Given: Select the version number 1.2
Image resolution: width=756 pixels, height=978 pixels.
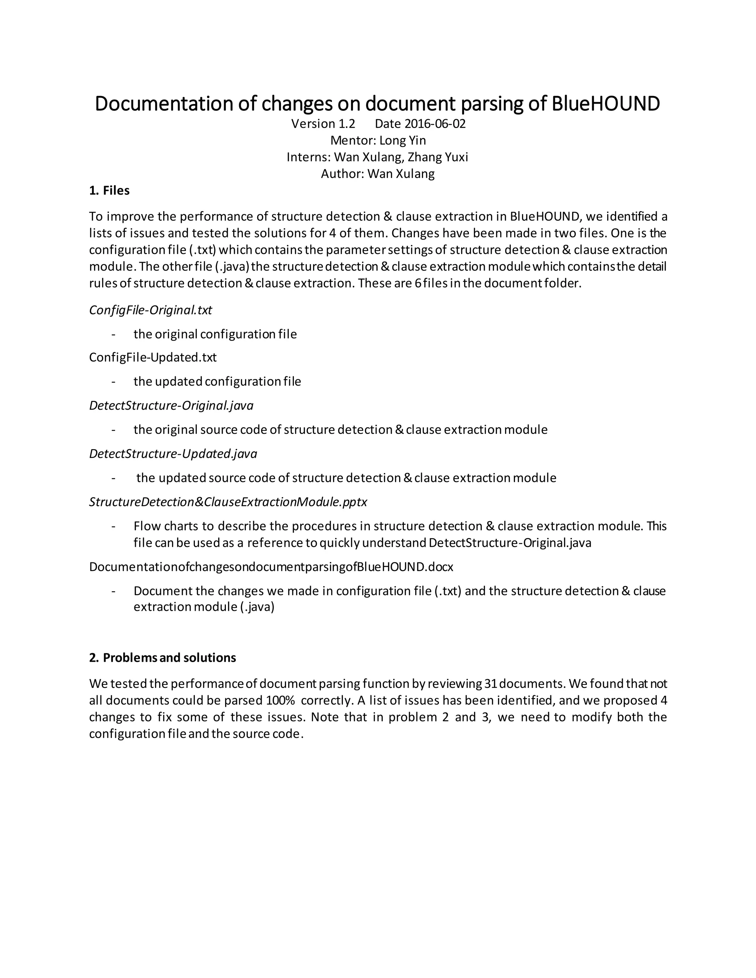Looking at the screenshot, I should pos(346,124).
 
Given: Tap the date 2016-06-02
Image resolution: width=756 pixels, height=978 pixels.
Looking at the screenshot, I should pos(435,124).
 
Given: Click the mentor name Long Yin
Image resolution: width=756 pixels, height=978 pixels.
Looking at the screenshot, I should pos(402,141).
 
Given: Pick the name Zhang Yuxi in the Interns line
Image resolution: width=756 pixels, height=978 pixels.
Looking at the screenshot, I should pos(437,157).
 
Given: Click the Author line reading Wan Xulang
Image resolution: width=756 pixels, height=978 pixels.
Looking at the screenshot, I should pos(378,174).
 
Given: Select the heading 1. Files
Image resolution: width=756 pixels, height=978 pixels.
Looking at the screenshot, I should pos(109,191).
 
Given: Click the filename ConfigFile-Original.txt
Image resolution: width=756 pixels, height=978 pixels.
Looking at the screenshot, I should pos(151,310).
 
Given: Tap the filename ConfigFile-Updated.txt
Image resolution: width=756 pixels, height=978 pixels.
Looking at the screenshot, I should pos(153,357).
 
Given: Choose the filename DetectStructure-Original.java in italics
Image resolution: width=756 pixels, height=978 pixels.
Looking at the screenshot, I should pos(171,405).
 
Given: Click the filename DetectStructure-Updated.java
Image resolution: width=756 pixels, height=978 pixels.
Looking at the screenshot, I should pos(173,454).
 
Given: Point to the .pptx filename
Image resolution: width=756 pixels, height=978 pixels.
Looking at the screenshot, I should pos(228,502).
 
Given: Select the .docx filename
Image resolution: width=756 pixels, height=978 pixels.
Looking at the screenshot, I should pos(271,567).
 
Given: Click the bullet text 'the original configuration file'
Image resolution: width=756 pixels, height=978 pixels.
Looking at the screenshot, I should pos(215,334).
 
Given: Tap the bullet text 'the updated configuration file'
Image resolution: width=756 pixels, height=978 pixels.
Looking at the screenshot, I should pos(217,382).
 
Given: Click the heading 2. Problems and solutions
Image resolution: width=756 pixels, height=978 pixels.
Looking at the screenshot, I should pos(162,658).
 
